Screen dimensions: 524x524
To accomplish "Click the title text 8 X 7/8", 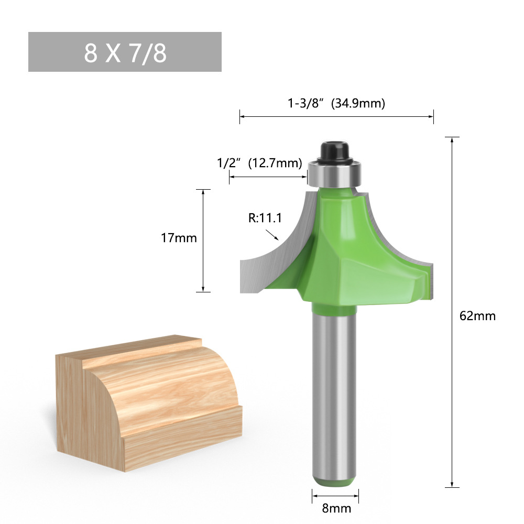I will coord(125,52).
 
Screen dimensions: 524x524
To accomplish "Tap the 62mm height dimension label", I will coord(477,316).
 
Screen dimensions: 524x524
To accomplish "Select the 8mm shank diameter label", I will coord(336,508).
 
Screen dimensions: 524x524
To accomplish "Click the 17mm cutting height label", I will coord(179,238).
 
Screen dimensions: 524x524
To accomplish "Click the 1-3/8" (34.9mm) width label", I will coord(336,103).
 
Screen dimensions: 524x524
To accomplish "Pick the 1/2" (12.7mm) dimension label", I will coord(260,163).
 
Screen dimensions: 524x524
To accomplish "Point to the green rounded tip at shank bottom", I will coord(335,480).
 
